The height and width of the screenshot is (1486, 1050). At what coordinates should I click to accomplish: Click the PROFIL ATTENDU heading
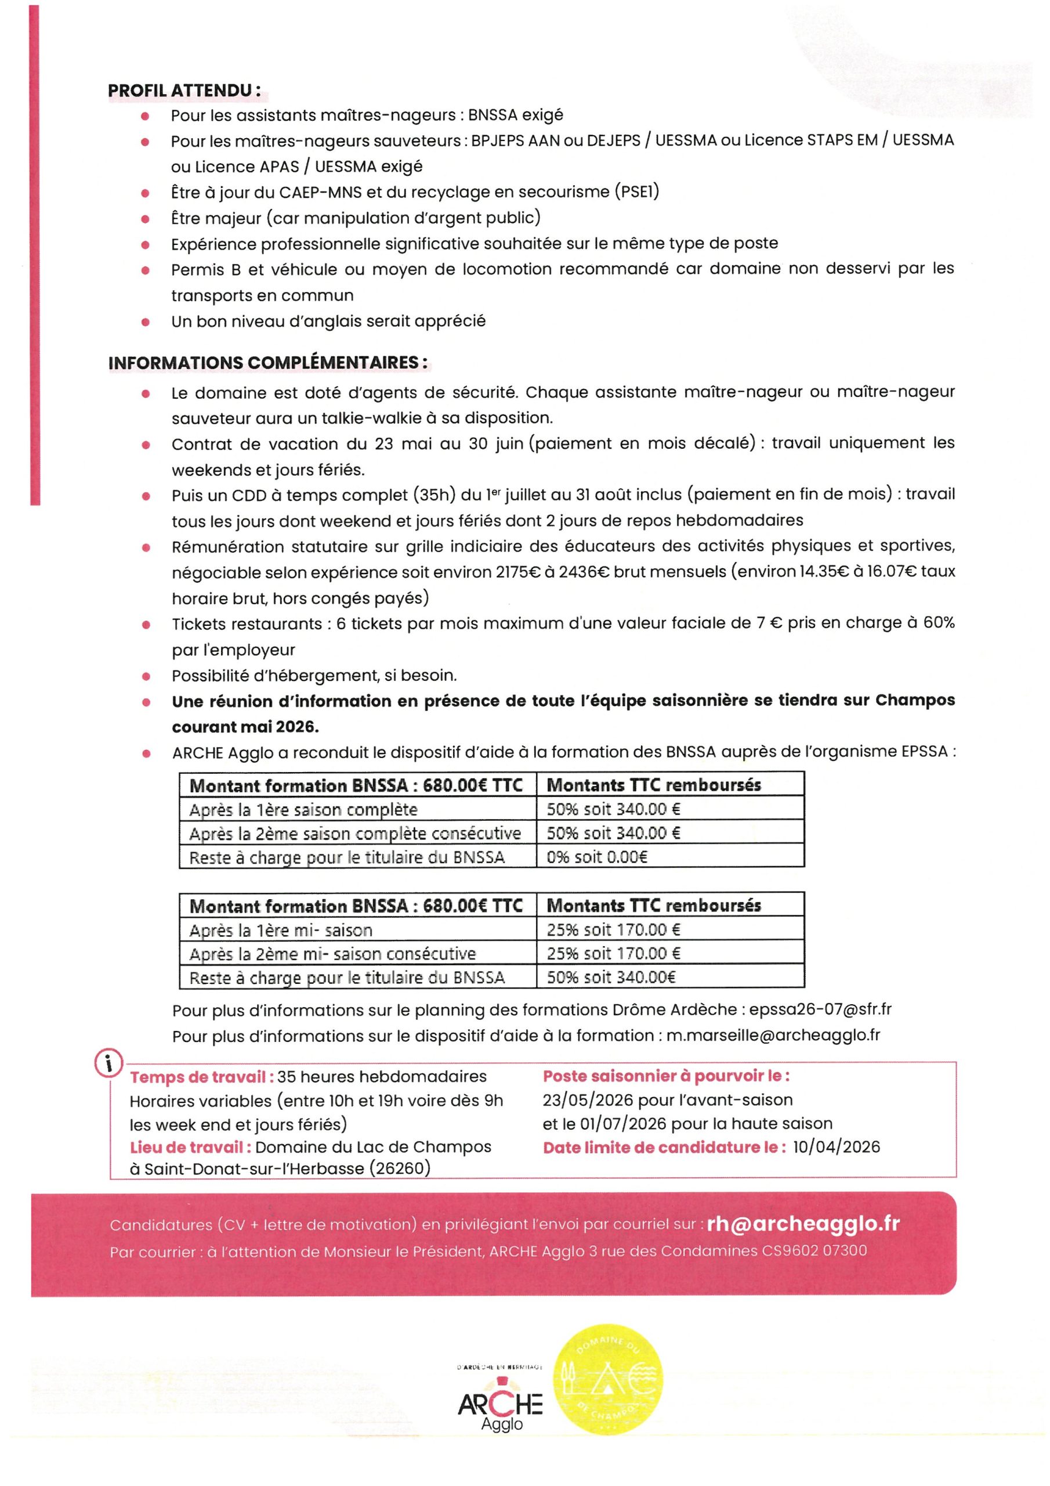coord(184,91)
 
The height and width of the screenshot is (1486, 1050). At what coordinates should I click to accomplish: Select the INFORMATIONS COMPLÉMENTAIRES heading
coord(268,362)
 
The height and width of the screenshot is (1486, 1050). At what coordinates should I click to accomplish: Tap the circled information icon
coord(109,1063)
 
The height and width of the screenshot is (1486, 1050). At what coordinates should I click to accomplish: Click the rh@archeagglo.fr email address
coord(803,1223)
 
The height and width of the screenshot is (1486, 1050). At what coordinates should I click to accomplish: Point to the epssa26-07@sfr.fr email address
coord(820,1009)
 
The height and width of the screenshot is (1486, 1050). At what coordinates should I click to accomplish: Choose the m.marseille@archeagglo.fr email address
coord(773,1035)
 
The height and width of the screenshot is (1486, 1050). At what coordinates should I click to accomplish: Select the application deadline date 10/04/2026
coord(836,1147)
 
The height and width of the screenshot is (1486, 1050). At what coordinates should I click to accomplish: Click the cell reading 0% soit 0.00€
coord(596,857)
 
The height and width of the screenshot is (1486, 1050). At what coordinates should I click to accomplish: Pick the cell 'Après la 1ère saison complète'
coord(303,809)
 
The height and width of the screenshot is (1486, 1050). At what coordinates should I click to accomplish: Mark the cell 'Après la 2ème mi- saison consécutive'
coord(332,953)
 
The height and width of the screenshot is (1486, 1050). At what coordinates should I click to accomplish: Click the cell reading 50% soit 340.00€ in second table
coord(610,978)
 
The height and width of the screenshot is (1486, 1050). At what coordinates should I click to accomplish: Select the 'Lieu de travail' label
coord(190,1147)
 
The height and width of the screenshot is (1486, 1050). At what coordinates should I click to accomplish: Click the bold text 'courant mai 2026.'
coord(245,727)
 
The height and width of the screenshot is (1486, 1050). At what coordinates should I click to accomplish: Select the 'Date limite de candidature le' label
coord(664,1147)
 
